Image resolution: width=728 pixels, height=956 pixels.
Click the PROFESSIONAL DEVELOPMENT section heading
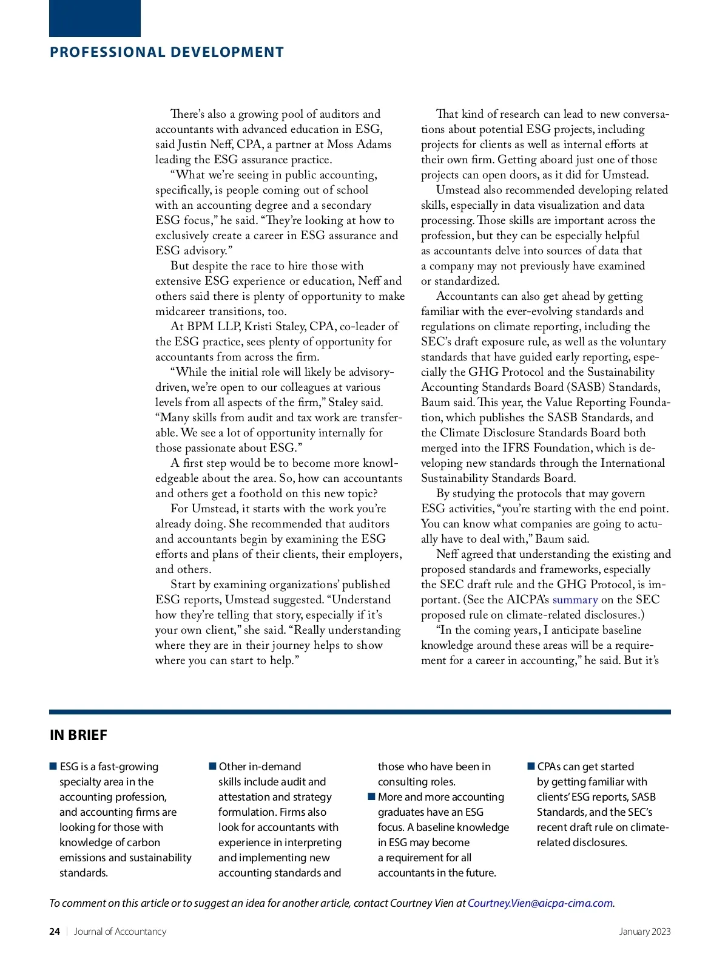pos(167,52)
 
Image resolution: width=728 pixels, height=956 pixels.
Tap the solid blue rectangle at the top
pos(95,18)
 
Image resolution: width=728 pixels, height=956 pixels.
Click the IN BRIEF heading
pos(78,735)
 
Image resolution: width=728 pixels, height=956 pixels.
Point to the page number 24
pos(55,931)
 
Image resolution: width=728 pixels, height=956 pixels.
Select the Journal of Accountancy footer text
pos(120,931)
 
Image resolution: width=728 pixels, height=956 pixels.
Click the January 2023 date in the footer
pos(645,931)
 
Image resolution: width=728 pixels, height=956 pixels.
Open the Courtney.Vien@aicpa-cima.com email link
pos(541,903)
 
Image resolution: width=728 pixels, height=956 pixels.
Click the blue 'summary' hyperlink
pos(575,600)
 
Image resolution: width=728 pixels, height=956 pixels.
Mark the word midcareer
pos(187,311)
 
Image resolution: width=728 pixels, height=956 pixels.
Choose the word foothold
pos(265,493)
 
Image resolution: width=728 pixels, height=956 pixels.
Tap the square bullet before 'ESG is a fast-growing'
pos(53,767)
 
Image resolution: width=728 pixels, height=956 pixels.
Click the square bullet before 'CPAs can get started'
pos(531,767)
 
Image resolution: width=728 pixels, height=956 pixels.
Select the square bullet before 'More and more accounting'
pos(372,797)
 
